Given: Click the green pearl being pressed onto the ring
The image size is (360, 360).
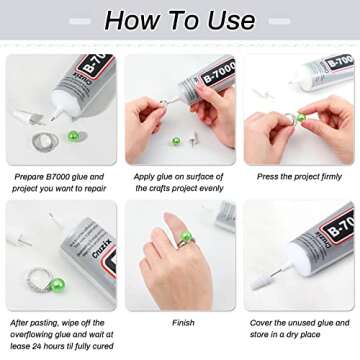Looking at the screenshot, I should coord(299,119).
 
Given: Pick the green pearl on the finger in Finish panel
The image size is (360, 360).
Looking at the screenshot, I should coord(186,237).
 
